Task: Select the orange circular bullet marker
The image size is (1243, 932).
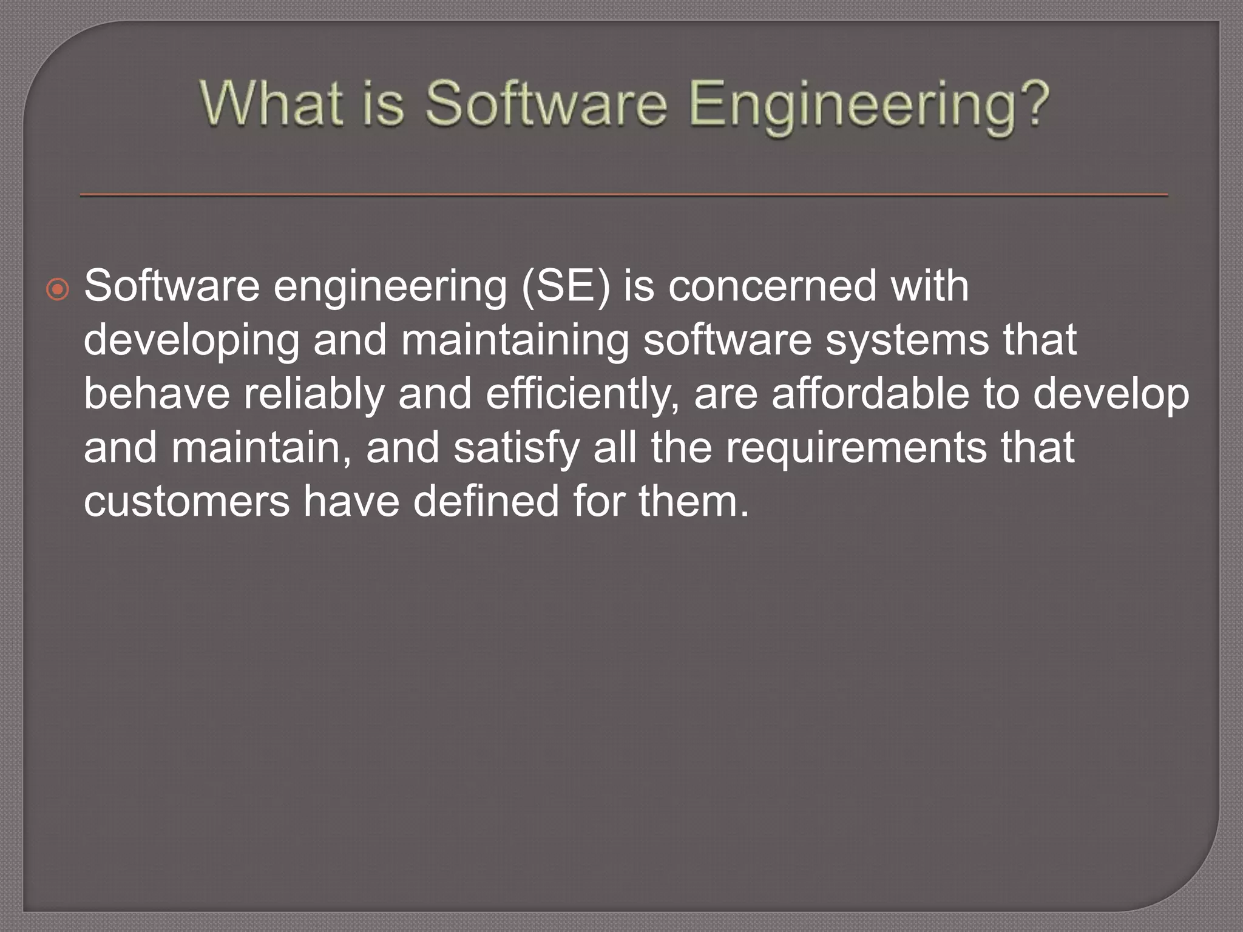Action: [x=58, y=290]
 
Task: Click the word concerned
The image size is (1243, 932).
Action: [x=772, y=286]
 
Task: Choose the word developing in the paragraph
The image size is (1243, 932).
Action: [x=191, y=341]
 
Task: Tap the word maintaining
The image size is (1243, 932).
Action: [x=515, y=341]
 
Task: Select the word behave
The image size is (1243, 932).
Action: [x=157, y=394]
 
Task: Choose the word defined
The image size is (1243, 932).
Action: [x=486, y=501]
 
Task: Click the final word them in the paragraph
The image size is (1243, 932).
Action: [x=693, y=501]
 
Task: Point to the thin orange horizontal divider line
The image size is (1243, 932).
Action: [x=624, y=195]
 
